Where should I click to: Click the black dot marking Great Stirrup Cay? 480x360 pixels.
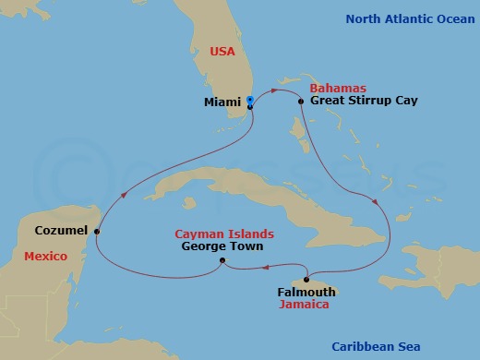coord(302,100)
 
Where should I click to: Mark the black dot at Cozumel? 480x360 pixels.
coord(97,232)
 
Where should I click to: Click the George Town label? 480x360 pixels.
coord(222,246)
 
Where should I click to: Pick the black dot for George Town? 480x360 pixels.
coord(222,260)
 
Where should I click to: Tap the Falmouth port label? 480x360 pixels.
coord(306,293)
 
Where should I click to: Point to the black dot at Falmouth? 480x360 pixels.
coord(306,280)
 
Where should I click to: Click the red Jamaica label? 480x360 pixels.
coord(306,305)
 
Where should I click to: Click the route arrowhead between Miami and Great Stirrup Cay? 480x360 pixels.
coord(277,90)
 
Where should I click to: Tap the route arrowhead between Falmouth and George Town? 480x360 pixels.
coord(264,269)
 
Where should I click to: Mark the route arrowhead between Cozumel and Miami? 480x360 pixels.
coord(124,195)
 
